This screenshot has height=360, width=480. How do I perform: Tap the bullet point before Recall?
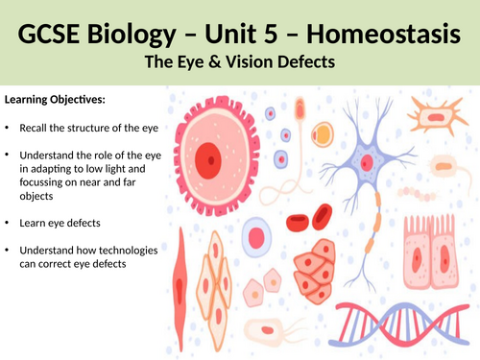click(x=9, y=128)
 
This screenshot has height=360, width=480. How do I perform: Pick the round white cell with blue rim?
click(x=256, y=237)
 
